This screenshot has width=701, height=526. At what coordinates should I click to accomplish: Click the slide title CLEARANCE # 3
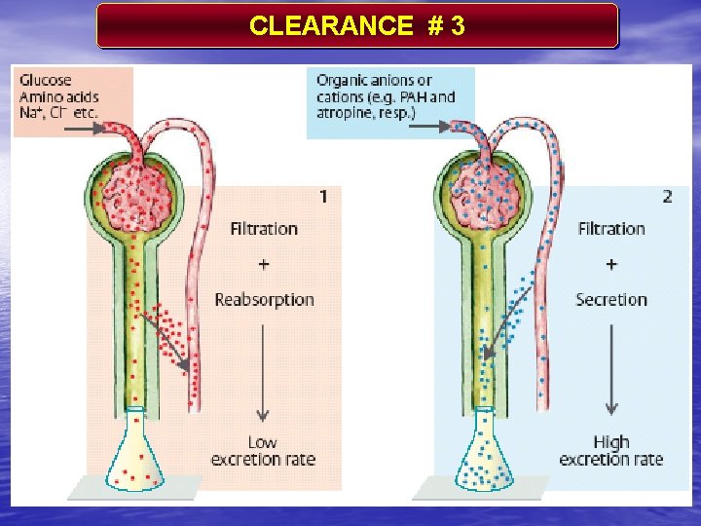[356, 26]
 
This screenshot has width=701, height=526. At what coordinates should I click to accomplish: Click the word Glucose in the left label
[45, 81]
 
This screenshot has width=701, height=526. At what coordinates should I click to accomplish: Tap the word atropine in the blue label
[350, 113]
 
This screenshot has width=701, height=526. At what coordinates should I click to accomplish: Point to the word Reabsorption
[264, 299]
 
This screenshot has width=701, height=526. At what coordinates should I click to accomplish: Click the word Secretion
[611, 299]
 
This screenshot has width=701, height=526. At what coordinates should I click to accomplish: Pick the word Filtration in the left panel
[264, 229]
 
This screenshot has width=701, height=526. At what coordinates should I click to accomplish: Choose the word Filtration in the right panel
[611, 229]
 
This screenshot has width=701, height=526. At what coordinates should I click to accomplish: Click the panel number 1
[323, 197]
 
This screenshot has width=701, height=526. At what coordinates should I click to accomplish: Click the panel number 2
[667, 197]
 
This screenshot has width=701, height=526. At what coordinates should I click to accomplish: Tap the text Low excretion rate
[263, 451]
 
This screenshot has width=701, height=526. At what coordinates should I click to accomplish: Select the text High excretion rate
[611, 451]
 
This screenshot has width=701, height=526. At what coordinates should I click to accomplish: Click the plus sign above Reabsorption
[264, 264]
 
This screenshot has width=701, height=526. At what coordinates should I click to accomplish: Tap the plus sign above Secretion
[611, 264]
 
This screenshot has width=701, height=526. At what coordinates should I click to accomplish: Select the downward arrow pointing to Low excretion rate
[264, 370]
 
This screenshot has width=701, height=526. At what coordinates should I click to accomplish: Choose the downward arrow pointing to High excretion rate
[611, 370]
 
